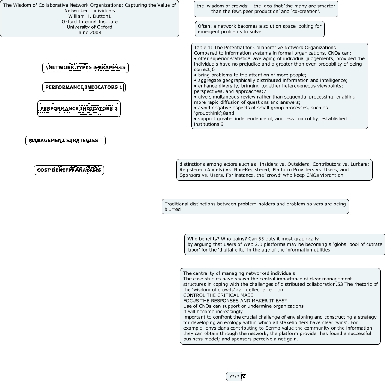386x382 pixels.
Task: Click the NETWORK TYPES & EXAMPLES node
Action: click(x=85, y=68)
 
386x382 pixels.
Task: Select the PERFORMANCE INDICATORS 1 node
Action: click(x=84, y=87)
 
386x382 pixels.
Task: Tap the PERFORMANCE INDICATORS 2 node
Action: click(x=79, y=109)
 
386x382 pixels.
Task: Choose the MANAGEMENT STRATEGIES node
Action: click(x=66, y=141)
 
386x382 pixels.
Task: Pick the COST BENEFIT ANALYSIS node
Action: click(x=69, y=170)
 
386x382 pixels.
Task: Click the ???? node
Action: click(x=234, y=377)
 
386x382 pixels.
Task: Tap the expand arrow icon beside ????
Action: click(x=244, y=377)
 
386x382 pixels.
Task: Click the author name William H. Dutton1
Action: click(x=90, y=16)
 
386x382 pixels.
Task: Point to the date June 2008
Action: click(x=90, y=33)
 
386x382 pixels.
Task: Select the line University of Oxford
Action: click(x=90, y=27)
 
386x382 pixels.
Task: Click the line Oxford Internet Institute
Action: click(x=90, y=22)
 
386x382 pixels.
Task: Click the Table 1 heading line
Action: click(x=265, y=48)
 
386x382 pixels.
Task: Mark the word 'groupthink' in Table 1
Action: click(x=208, y=113)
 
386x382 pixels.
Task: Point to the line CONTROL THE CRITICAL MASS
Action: click(x=218, y=295)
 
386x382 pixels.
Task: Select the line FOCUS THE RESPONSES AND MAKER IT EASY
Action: click(x=235, y=301)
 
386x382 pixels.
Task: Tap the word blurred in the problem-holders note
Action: click(x=172, y=210)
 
